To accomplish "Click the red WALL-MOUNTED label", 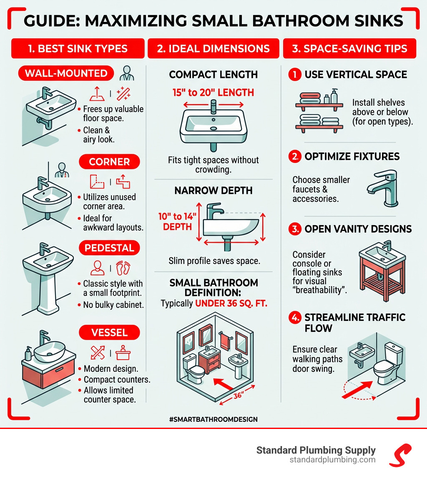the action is (x=66, y=73).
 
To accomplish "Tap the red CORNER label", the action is (x=109, y=162).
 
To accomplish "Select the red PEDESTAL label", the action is (x=109, y=248).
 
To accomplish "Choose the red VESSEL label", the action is (x=109, y=332).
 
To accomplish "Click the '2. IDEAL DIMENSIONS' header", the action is (x=213, y=48).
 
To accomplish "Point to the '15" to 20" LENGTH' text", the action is (x=213, y=93).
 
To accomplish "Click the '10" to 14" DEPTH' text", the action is (x=177, y=222).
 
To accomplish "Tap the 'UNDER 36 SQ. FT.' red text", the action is (x=231, y=303).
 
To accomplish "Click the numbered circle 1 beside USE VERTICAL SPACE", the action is (x=295, y=74).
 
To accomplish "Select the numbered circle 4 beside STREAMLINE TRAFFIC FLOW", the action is (x=295, y=317).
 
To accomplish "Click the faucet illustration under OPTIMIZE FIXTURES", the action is (x=383, y=188).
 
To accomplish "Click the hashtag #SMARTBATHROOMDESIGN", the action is (x=213, y=419).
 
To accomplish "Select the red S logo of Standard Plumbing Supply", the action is (x=400, y=455).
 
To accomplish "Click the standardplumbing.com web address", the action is (x=332, y=460).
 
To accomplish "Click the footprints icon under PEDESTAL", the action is (x=123, y=268).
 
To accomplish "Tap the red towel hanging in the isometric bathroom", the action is (x=226, y=341).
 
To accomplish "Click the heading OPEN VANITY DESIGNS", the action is (x=358, y=229).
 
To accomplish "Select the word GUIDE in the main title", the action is (x=52, y=21).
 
